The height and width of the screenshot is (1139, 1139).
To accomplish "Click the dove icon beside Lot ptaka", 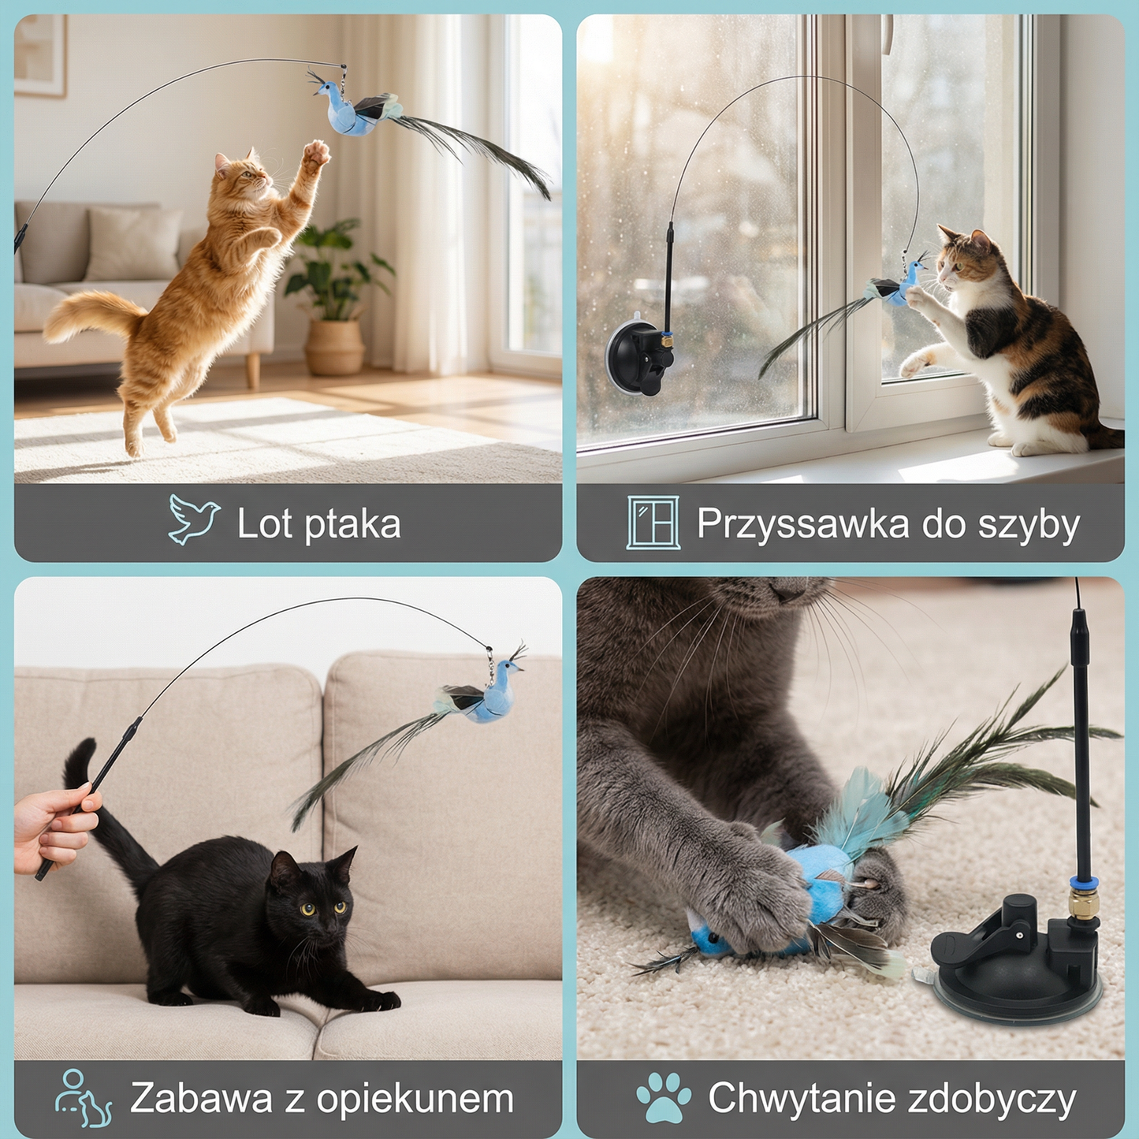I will coord(193,519).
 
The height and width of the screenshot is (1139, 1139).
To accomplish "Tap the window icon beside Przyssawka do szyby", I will coord(653,522).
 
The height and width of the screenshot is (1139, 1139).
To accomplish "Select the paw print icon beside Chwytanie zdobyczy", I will coord(664,1097).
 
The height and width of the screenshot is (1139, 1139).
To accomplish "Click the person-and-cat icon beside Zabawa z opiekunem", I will coord(83,1098).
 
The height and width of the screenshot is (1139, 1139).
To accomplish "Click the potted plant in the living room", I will coord(335,300).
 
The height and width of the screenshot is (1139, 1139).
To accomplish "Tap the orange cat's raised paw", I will coord(317,152).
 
